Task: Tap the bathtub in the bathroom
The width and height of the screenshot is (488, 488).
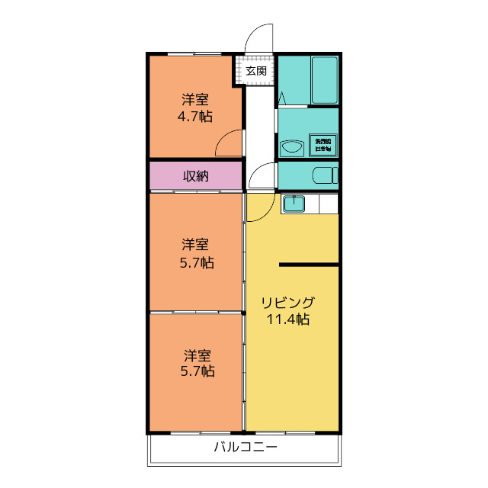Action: pyautogui.click(x=323, y=80)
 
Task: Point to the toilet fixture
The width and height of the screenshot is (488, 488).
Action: pyautogui.click(x=325, y=175)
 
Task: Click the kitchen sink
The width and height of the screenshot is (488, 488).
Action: pyautogui.click(x=293, y=204)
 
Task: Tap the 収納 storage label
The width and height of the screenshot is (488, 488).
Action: pyautogui.click(x=196, y=176)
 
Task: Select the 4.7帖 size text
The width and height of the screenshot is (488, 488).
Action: pyautogui.click(x=196, y=117)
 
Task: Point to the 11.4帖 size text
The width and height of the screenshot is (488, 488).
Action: pyautogui.click(x=287, y=319)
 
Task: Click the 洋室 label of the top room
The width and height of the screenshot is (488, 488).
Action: pyautogui.click(x=195, y=99)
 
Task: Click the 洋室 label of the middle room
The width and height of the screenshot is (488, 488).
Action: pyautogui.click(x=196, y=245)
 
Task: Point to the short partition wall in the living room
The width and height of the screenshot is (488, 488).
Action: pyautogui.click(x=308, y=265)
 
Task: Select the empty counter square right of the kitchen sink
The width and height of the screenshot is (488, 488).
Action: pyautogui.click(x=328, y=204)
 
